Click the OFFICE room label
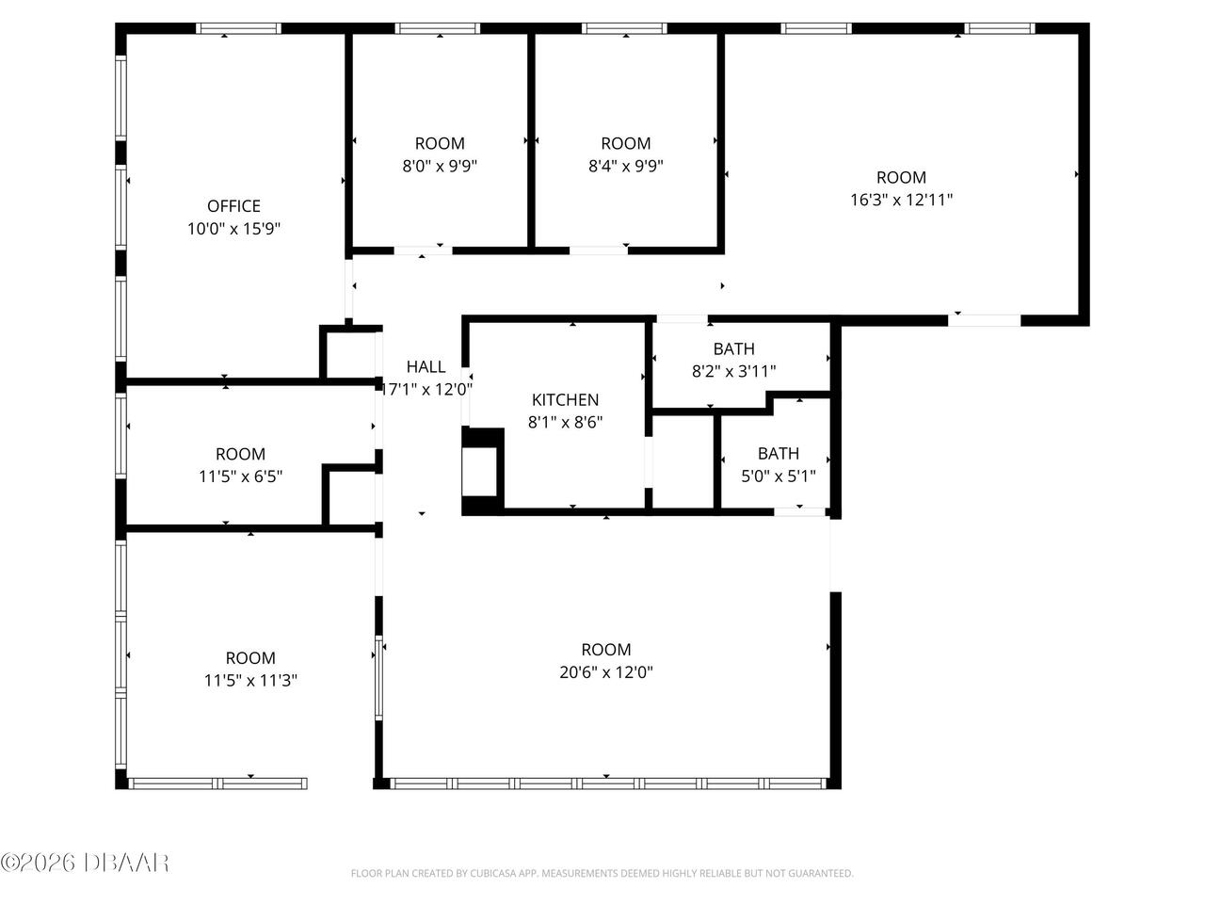click(x=233, y=206)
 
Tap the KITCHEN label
click(x=565, y=400)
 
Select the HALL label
click(x=426, y=367)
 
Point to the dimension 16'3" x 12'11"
click(x=901, y=200)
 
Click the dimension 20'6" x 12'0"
click(x=605, y=672)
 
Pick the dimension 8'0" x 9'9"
click(x=440, y=167)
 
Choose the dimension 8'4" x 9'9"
click(x=626, y=167)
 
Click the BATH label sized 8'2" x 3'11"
click(x=733, y=349)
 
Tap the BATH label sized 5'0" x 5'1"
click(x=778, y=454)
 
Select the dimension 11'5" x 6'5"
click(x=240, y=477)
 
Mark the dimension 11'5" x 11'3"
click(x=250, y=681)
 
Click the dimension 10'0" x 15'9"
click(x=233, y=229)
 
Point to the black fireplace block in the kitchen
click(x=483, y=471)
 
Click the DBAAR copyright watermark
click(x=85, y=862)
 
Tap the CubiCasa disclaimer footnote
click(x=602, y=874)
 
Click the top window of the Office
click(x=238, y=28)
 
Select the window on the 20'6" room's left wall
click(x=379, y=677)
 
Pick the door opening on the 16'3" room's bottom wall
click(x=984, y=320)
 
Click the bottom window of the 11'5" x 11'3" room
click(x=217, y=783)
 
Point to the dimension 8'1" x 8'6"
click(x=565, y=423)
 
